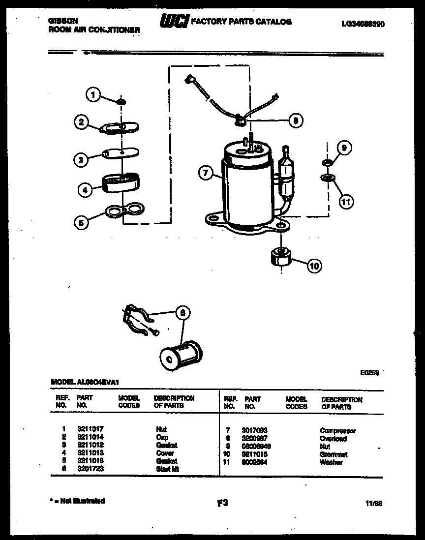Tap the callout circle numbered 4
click(85, 188)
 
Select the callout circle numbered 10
click(313, 266)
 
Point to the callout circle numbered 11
click(346, 201)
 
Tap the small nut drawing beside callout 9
click(326, 162)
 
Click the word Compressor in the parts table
click(337, 431)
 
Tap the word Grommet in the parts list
click(334, 454)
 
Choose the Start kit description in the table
click(167, 469)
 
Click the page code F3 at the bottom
click(222, 503)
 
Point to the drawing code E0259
click(369, 373)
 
